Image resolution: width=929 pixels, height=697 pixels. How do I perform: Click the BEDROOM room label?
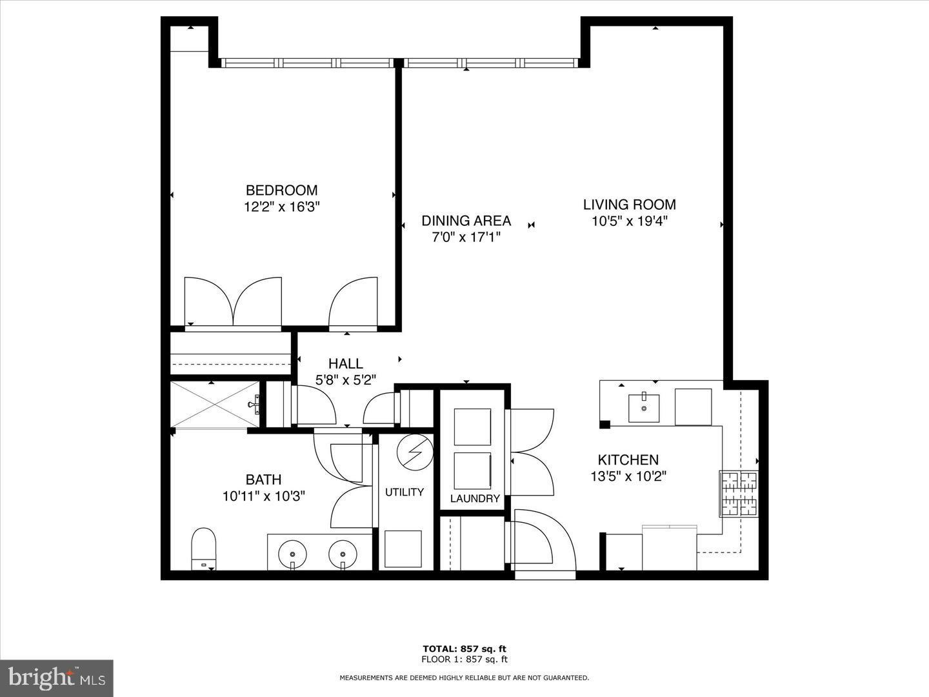pos(281,190)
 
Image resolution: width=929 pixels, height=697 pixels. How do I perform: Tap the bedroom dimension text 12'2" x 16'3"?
pos(281,207)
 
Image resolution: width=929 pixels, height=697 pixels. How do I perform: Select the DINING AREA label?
pos(466,221)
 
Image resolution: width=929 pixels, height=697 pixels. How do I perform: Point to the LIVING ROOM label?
pos(629,205)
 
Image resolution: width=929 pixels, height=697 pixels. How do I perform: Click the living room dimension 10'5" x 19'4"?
pos(629,221)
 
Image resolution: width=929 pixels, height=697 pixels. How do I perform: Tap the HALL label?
pos(345,364)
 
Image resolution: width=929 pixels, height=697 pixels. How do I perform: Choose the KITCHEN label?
pos(628,460)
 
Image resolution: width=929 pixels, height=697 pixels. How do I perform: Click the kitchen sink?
pos(644,408)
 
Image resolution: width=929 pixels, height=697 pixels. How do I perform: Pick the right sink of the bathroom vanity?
pos(343,553)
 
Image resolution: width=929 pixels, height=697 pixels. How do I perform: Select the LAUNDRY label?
pos(475,498)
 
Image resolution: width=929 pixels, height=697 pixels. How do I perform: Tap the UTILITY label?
pos(405,492)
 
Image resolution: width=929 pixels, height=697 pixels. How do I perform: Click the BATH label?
pos(263,480)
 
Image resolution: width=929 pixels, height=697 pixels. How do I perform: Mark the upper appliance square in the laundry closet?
pos(472,427)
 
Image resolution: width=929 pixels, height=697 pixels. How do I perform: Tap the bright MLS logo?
pos(56,678)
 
